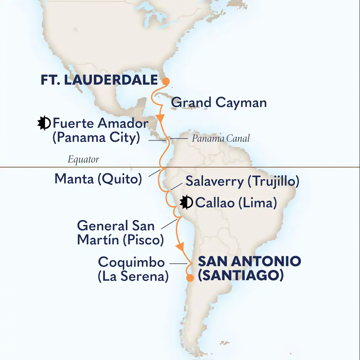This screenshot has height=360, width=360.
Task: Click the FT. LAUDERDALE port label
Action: [99, 80]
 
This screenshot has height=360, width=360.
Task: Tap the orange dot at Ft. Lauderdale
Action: [165, 81]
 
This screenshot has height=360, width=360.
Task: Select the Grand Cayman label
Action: [219, 103]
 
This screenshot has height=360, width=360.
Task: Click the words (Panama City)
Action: [96, 138]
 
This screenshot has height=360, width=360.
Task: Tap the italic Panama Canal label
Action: [221, 138]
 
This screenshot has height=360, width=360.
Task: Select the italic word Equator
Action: [83, 159]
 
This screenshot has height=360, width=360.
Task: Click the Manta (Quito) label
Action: [98, 179]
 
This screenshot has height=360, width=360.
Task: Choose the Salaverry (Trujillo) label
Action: [242, 181]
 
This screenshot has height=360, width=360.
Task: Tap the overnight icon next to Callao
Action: [186, 202]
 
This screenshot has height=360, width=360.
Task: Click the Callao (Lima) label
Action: [236, 203]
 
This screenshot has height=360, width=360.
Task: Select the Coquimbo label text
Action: [131, 262]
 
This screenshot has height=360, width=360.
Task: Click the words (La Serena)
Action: [133, 277]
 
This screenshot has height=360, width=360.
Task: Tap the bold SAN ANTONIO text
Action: [249, 261]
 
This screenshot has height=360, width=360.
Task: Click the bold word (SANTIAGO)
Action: [241, 276]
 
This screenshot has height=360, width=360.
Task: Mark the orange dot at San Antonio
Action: [190, 278]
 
